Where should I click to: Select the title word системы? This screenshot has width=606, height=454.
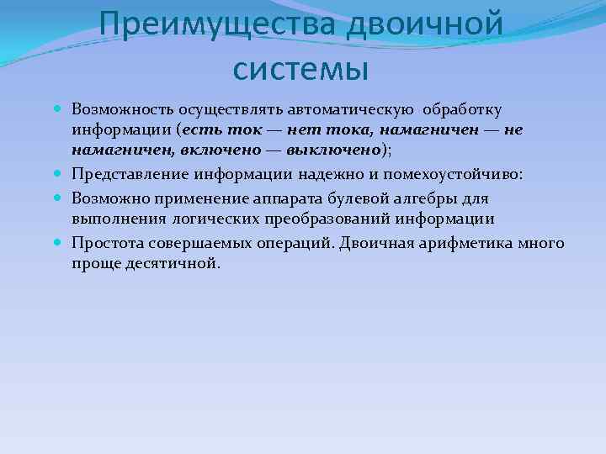pos(301,68)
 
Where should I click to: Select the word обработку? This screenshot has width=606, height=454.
pos(463,109)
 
